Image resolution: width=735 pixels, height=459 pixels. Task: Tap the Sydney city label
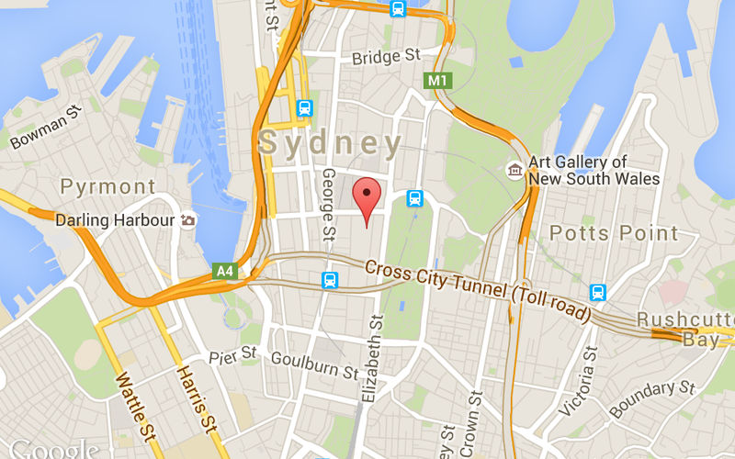pyautogui.click(x=331, y=143)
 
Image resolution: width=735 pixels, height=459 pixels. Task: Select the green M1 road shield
pyautogui.click(x=437, y=81)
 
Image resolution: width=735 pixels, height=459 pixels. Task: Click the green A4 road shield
pyautogui.click(x=224, y=271)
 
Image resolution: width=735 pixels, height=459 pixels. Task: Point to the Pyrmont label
pyautogui.click(x=107, y=187)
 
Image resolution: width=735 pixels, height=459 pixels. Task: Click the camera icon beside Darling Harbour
pyautogui.click(x=188, y=220)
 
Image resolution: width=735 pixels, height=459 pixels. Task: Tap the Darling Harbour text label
pyautogui.click(x=115, y=220)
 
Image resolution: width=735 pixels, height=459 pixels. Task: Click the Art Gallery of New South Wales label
pyautogui.click(x=594, y=170)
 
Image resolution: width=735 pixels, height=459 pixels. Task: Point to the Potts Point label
pyautogui.click(x=614, y=233)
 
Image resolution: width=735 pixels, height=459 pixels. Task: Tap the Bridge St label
pyautogui.click(x=387, y=58)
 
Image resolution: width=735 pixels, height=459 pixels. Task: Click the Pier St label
pyautogui.click(x=233, y=354)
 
